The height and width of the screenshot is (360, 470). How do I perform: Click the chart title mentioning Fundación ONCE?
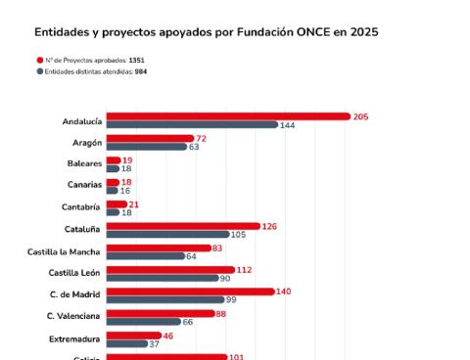pos(206,31)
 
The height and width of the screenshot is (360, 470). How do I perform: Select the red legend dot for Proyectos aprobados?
pos(39,60)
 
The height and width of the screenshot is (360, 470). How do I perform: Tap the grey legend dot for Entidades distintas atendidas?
pos(39,71)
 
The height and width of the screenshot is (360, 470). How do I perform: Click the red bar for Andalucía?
pos(228,116)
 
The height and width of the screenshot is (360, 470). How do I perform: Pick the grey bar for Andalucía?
pos(192,125)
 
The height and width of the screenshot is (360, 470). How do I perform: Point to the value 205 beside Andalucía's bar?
pos(360,116)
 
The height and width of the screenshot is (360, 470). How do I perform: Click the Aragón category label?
pos(88,142)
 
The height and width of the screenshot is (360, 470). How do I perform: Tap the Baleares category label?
pos(84,163)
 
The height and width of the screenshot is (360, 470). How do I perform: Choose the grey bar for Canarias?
pos(113,190)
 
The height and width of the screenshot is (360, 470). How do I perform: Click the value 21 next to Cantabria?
pos(133,204)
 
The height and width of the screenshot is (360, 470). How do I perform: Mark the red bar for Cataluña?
pos(183,226)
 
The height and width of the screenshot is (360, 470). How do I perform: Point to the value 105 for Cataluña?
pos(238,235)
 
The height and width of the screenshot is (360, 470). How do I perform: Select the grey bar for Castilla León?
pos(162,278)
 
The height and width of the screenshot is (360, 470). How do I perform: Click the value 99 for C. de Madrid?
pos(231,299)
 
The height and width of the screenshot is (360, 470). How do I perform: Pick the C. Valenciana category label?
pos(73,315)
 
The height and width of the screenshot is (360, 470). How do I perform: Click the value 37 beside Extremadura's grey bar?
pos(155,343)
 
